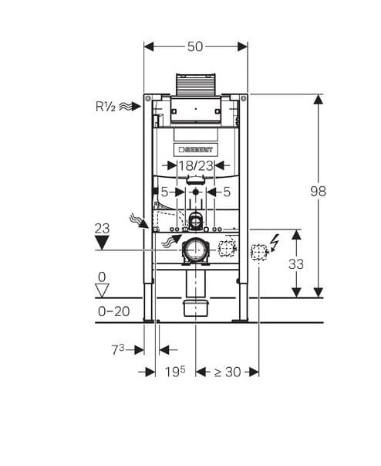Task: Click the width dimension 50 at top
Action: tap(195, 46)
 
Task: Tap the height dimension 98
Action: tap(318, 191)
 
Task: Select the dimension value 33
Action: tap(296, 264)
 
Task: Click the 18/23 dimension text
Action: tap(195, 166)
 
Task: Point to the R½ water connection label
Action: tap(105, 107)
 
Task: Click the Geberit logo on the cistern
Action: tap(196, 149)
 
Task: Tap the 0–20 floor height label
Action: tap(114, 311)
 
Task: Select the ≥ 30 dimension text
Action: tap(228, 372)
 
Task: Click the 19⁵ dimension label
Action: tap(175, 372)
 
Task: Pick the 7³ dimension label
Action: tap(118, 349)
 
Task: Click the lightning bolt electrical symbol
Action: tap(275, 243)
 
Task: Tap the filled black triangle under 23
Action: tap(102, 242)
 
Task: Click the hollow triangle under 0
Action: tap(102, 291)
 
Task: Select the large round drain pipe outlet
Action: tap(195, 250)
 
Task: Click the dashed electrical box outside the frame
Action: tap(259, 252)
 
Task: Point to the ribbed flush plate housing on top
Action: tap(195, 85)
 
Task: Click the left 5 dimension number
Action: tap(164, 192)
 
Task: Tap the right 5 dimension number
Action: tap(227, 192)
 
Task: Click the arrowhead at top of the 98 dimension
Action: tap(318, 100)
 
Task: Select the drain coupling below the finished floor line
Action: tap(196, 308)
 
